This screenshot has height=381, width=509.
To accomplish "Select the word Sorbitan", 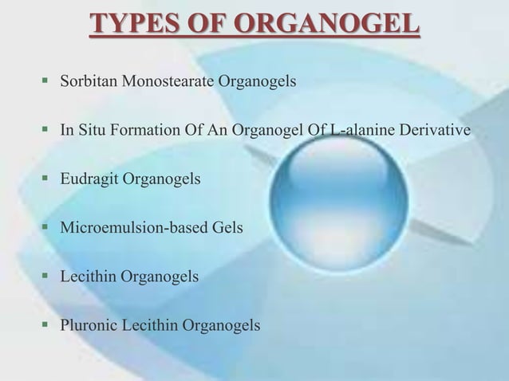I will (x=87, y=81).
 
